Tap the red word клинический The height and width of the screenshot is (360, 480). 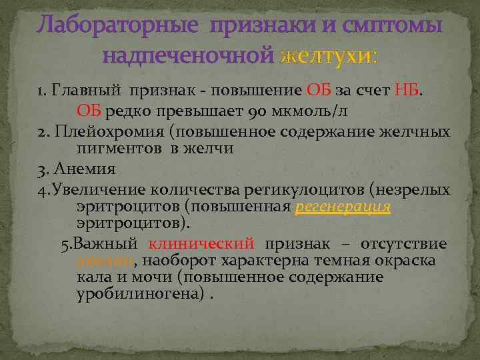point(202,244)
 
